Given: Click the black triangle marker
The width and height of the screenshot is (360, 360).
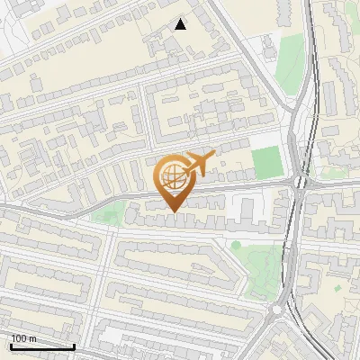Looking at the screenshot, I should [181, 24].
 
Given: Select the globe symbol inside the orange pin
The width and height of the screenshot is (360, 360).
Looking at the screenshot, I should [171, 176].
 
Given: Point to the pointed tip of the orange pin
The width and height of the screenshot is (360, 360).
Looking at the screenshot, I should [172, 211].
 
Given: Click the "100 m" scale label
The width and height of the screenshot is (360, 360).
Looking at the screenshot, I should [23, 338].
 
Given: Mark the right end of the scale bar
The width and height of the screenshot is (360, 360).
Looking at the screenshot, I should [74, 346].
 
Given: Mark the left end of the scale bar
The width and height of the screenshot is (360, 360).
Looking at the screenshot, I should [11, 346].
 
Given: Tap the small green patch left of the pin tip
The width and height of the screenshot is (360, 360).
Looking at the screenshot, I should [109, 212].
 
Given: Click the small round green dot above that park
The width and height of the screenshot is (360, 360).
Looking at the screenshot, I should [236, 244].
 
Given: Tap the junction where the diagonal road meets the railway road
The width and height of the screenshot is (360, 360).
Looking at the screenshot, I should [292, 108].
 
